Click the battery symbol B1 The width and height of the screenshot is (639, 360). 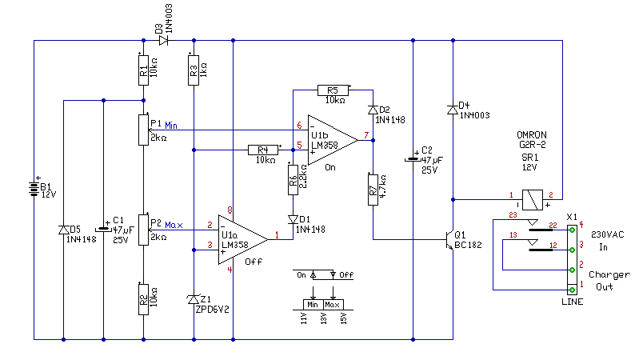(33, 190)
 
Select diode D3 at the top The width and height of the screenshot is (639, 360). (164, 39)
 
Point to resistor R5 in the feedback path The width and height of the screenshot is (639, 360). (333, 90)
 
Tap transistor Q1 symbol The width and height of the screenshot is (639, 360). (448, 238)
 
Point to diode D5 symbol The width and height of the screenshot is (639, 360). (63, 230)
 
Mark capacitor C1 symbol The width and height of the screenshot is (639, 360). (103, 227)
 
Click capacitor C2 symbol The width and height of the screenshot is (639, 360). (413, 158)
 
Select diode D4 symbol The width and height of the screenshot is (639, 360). (453, 107)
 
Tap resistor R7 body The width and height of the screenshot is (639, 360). (373, 190)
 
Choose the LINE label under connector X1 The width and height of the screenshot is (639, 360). (571, 302)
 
